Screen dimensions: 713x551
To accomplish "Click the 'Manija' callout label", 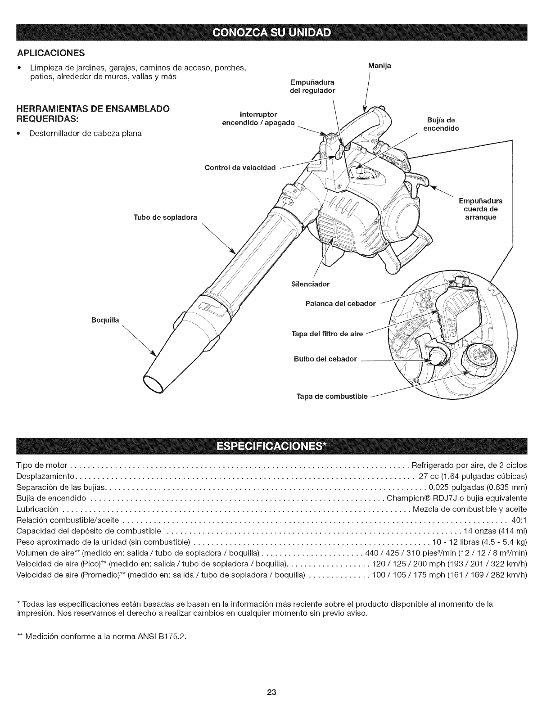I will coord(379,66).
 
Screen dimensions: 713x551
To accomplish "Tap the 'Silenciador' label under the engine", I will coord(311,284).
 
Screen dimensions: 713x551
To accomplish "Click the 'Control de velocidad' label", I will coord(239,168).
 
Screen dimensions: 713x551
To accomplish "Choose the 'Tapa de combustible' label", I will coord(332,397).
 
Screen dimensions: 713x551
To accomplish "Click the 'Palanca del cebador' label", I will coord(340,303).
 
